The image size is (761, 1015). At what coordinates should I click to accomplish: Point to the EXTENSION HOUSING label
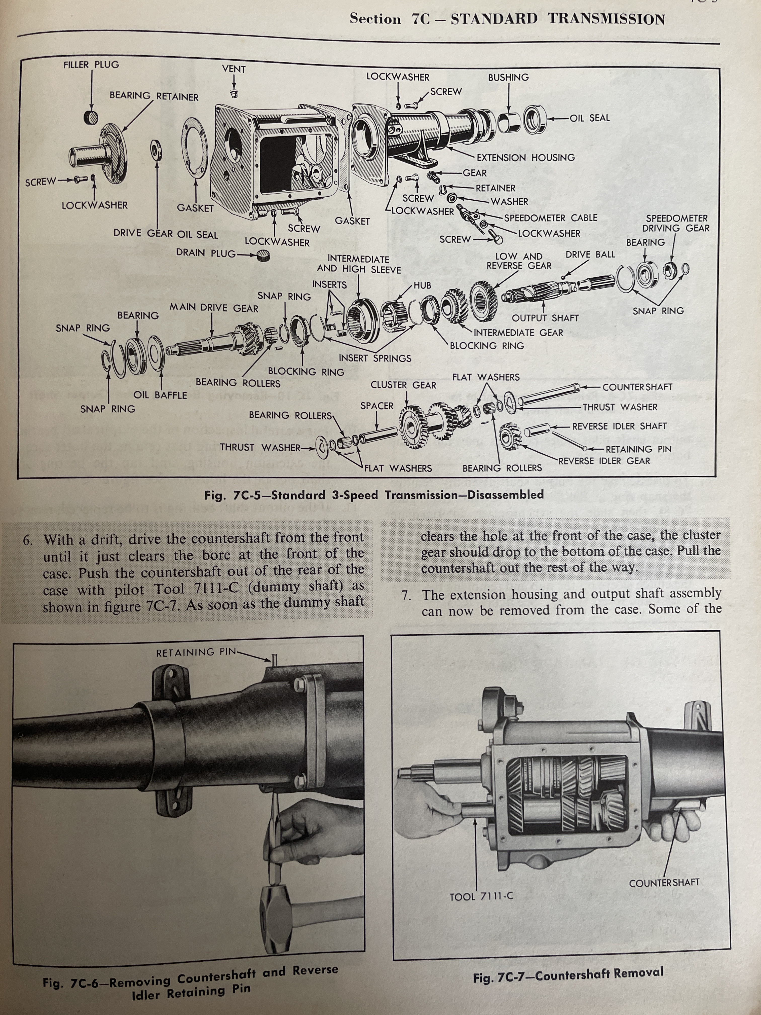point(526,157)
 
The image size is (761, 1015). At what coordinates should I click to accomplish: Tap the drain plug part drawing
point(263,256)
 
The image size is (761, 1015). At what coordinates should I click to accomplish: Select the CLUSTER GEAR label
point(403,385)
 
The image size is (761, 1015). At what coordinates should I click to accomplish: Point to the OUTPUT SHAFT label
point(545,318)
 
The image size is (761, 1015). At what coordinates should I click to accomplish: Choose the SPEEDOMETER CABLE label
point(550,218)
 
